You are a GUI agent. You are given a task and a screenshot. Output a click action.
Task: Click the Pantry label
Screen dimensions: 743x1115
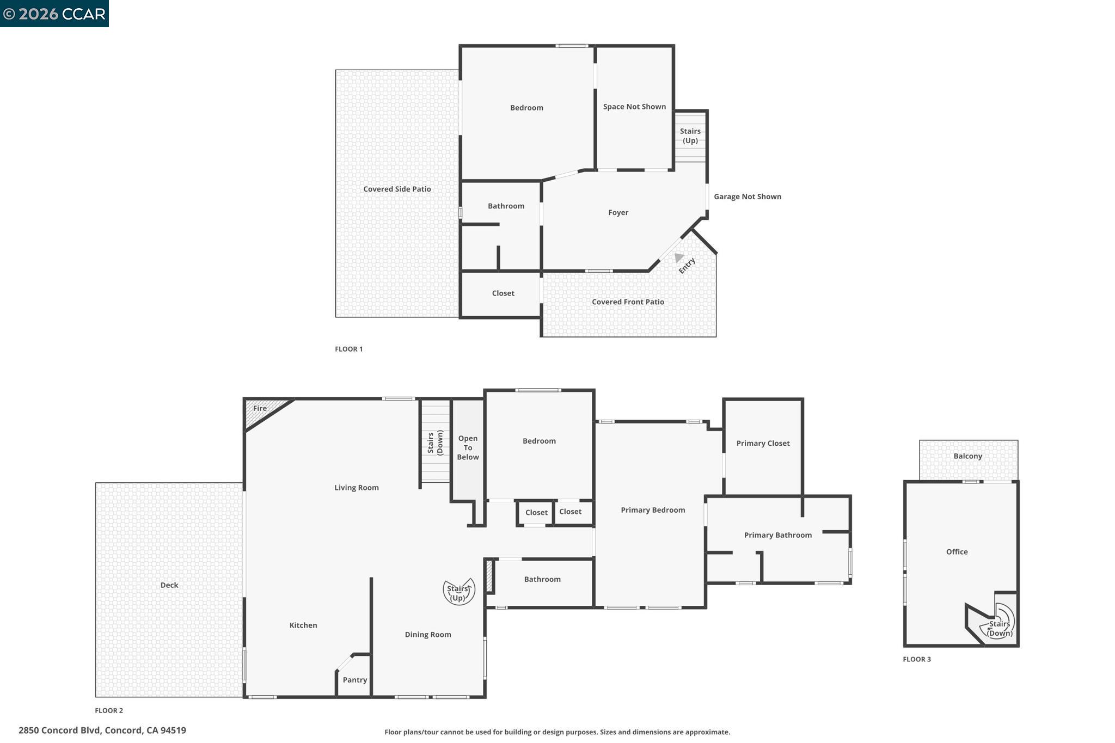[x=354, y=680]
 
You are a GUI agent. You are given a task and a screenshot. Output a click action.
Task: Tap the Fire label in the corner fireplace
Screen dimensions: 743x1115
[x=260, y=408]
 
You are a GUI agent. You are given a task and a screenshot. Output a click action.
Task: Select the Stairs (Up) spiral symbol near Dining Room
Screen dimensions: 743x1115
[x=458, y=592]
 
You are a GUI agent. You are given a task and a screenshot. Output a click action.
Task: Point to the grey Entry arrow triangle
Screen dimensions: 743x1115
[x=678, y=257]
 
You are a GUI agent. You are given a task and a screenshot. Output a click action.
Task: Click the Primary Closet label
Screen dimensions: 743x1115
[x=763, y=444]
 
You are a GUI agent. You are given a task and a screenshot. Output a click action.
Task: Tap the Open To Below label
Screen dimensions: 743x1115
[x=468, y=447]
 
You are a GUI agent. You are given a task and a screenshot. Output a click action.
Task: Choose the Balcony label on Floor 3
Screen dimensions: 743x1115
[x=967, y=456]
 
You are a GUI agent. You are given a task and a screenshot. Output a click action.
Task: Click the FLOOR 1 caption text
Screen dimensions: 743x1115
[x=348, y=349]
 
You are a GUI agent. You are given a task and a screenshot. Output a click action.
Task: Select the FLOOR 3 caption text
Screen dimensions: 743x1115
[x=917, y=659]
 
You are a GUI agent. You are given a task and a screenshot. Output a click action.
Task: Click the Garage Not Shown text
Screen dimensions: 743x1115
[x=747, y=197]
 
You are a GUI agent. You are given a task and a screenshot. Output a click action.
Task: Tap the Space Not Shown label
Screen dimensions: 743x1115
[x=634, y=107]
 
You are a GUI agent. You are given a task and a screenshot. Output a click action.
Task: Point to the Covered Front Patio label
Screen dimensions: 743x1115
[x=628, y=302]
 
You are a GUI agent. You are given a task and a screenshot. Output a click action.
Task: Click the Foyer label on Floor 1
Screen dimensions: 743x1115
[x=618, y=213]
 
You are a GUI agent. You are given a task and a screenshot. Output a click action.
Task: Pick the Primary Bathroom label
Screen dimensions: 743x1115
[x=777, y=535]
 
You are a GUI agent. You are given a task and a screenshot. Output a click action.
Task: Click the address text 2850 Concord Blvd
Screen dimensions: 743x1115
[x=102, y=730]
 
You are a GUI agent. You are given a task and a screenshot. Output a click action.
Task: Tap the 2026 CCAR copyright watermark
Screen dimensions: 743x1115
[x=54, y=14]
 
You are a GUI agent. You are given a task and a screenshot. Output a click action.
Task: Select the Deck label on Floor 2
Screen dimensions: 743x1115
[x=169, y=585]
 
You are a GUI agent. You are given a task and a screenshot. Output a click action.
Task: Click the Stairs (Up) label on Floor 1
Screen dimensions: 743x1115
[x=690, y=136]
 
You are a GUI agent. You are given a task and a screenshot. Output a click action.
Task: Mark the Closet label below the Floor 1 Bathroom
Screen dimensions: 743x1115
[x=503, y=293]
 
